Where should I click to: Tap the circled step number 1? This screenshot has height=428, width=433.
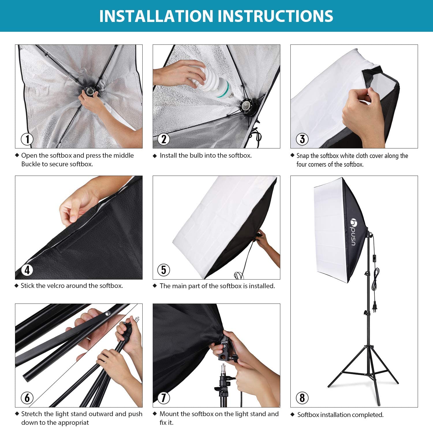(27, 139)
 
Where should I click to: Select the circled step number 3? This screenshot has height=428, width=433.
(302, 139)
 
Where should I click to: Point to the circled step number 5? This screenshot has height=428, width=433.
(164, 270)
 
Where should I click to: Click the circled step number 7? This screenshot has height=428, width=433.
(164, 398)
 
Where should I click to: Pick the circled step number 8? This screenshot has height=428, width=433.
(302, 398)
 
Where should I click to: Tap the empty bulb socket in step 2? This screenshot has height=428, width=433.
(248, 107)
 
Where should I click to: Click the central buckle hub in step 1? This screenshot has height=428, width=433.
(90, 92)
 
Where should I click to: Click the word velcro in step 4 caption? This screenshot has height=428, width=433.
(54, 286)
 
